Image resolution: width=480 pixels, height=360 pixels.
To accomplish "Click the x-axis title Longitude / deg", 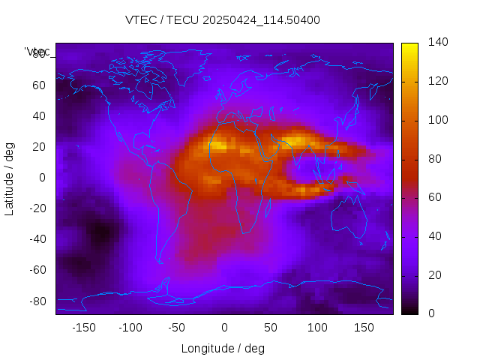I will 223,348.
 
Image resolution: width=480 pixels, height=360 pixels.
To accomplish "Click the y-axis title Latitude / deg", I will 10,178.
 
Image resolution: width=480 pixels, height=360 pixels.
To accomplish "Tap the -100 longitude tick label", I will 130,327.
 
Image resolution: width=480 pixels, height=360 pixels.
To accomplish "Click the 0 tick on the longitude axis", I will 224,327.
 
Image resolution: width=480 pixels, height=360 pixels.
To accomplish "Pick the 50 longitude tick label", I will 271,327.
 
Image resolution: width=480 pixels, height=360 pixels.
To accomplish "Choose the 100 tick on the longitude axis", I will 317,327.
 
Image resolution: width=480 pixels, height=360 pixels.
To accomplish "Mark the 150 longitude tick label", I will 364,327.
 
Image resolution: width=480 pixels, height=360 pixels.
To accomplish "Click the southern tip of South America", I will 160,261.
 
